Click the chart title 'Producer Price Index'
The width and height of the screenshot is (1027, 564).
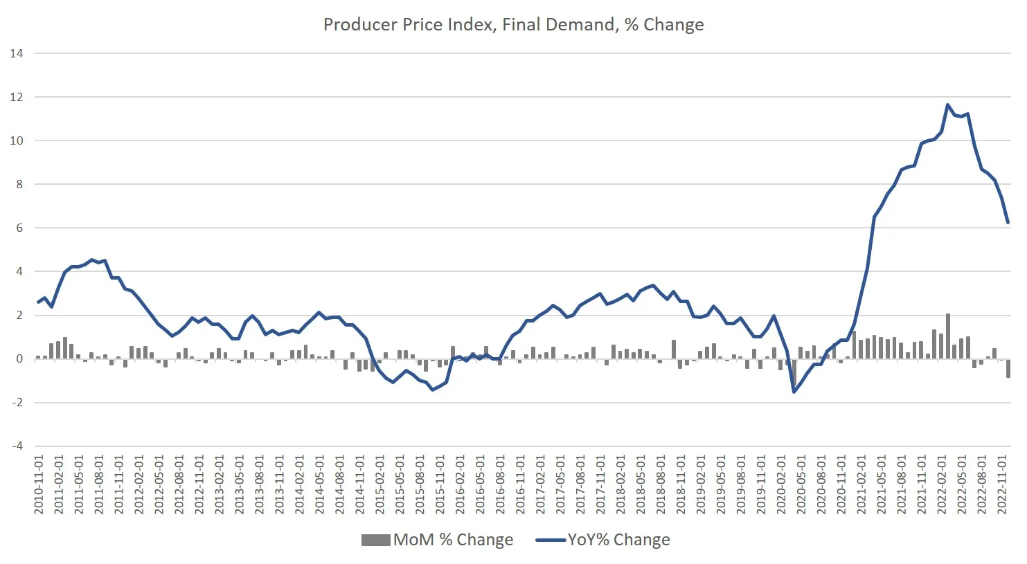(x=513, y=25)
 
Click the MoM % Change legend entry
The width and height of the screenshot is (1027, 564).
(x=437, y=540)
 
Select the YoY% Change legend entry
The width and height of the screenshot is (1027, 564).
(x=602, y=540)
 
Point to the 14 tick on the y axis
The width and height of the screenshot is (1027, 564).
(x=17, y=53)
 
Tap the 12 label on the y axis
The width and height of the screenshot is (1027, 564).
(x=17, y=97)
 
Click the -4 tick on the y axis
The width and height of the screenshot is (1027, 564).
(x=17, y=446)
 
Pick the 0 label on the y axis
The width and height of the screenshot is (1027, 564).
(x=19, y=359)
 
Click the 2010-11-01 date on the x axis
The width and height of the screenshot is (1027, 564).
(x=39, y=484)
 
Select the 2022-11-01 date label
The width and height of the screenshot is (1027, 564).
(x=1002, y=484)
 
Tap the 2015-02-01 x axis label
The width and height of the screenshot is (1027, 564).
(x=380, y=484)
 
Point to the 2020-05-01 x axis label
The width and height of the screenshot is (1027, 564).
(x=801, y=484)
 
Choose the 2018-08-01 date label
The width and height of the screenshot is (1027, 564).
(x=661, y=484)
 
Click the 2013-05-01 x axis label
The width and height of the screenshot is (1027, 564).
(x=240, y=484)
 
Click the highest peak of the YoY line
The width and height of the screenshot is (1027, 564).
(x=948, y=105)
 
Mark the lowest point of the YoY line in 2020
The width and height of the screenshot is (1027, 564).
(x=794, y=392)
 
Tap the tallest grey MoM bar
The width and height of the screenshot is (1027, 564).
(x=948, y=336)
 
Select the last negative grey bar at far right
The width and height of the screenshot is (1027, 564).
(x=1008, y=368)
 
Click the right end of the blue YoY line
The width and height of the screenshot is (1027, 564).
(x=1008, y=223)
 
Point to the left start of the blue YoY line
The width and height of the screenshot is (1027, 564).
(x=38, y=302)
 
